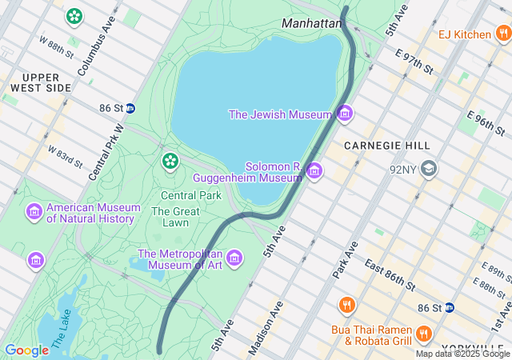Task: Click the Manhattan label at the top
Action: pyautogui.click(x=312, y=23)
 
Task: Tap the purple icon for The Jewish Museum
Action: pyautogui.click(x=345, y=114)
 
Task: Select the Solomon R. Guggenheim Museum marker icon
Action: pyautogui.click(x=314, y=170)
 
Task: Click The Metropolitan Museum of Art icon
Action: pyautogui.click(x=234, y=258)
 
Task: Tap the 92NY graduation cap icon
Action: pyautogui.click(x=430, y=169)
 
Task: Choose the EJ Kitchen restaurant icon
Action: pyautogui.click(x=502, y=34)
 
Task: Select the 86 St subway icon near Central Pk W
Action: pyautogui.click(x=130, y=108)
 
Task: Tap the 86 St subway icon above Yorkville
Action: pyautogui.click(x=450, y=307)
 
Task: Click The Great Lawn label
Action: pyautogui.click(x=170, y=217)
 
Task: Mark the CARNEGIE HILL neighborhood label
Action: pyautogui.click(x=387, y=146)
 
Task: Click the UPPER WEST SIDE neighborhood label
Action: pyautogui.click(x=35, y=82)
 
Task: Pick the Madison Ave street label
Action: pyautogui.click(x=266, y=328)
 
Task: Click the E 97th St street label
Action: pyautogui.click(x=414, y=62)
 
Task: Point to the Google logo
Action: pyautogui.click(x=26, y=350)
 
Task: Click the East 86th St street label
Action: pyautogui.click(x=389, y=274)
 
